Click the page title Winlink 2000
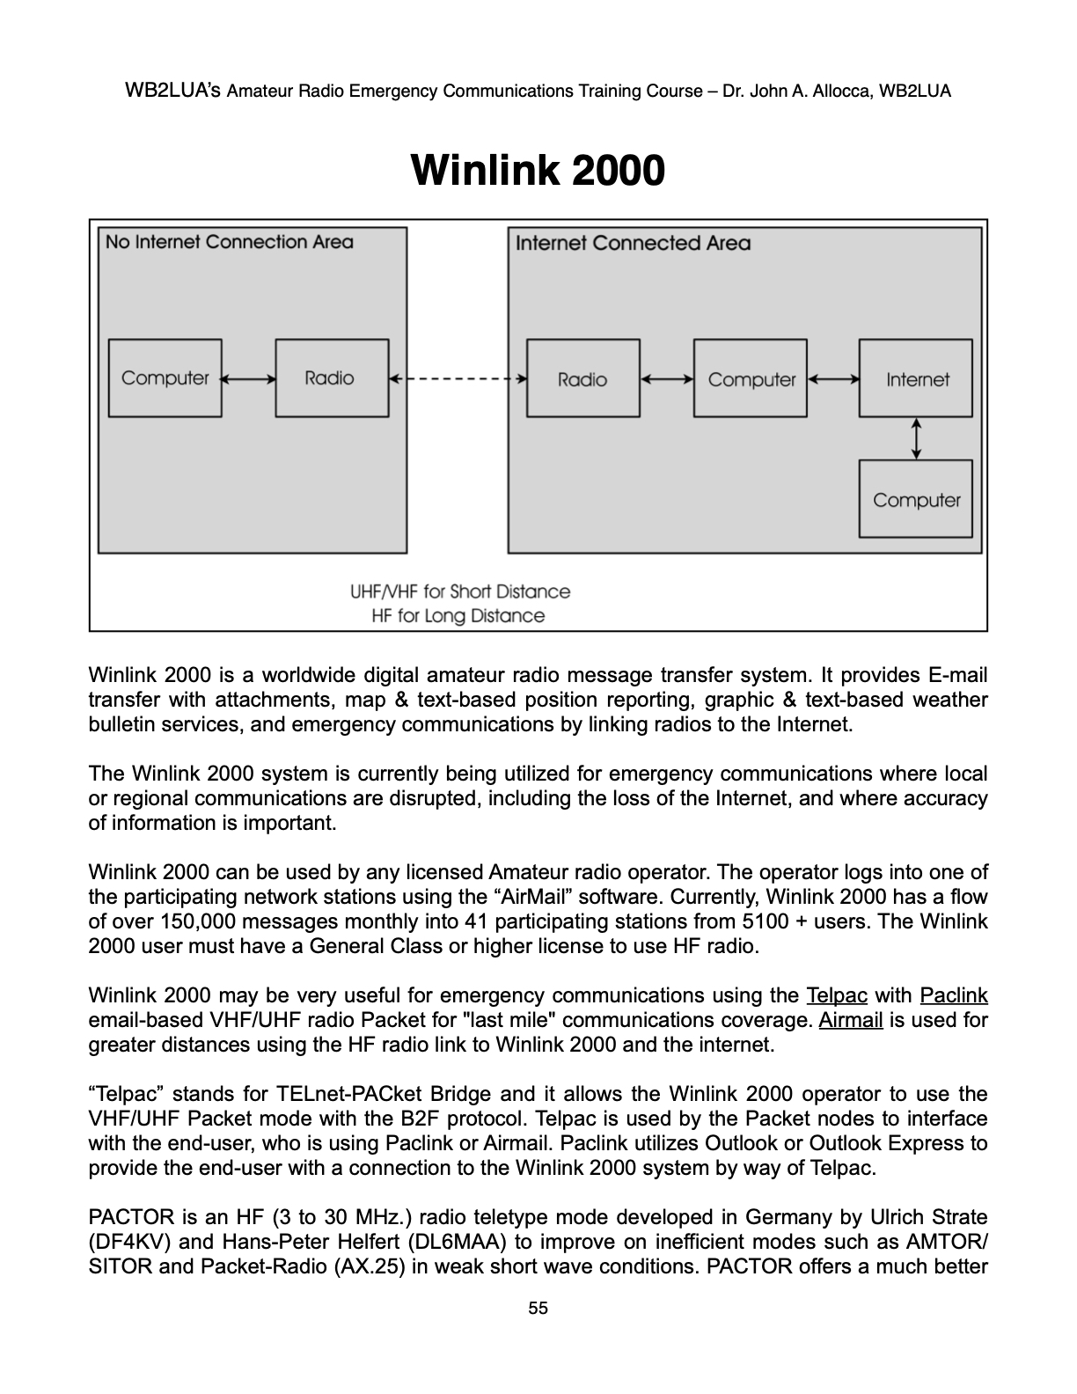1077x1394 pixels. [538, 170]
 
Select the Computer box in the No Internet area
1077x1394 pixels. [165, 378]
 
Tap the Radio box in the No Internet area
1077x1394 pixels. [332, 378]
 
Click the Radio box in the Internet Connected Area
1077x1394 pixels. [582, 379]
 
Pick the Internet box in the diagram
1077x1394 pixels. [916, 379]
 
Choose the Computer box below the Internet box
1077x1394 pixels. [916, 500]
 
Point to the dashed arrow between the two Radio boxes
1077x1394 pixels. [458, 379]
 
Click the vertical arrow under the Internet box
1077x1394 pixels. [916, 438]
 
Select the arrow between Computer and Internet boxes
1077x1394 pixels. [833, 379]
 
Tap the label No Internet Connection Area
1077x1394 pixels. [229, 242]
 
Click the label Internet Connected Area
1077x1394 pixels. [633, 243]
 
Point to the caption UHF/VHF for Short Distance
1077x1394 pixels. [460, 591]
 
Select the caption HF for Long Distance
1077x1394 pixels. [458, 616]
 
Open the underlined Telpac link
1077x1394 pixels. [837, 995]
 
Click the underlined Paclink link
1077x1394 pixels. [953, 995]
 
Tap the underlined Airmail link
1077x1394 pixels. [851, 1020]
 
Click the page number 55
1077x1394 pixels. [538, 1309]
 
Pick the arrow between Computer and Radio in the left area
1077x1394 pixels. [248, 378]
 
